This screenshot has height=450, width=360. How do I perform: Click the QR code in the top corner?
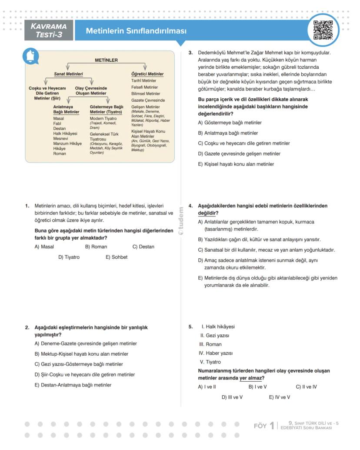tap(323, 30)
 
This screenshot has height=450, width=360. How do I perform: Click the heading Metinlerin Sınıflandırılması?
tap(136, 31)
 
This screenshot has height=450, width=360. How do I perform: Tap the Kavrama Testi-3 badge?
tap(49, 30)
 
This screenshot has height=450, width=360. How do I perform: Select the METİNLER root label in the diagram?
tap(106, 60)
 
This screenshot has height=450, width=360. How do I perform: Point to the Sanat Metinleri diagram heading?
tap(68, 74)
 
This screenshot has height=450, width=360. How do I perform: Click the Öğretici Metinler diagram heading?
tap(147, 74)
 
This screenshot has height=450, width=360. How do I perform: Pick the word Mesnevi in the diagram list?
tap(61, 138)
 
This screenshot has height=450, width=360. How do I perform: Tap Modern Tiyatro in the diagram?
tap(103, 119)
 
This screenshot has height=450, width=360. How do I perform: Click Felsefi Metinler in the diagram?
tap(144, 87)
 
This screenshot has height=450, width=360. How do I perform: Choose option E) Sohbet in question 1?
tap(117, 257)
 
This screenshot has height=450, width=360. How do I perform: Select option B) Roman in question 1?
tap(96, 247)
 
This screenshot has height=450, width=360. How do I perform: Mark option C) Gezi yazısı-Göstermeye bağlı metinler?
tap(79, 364)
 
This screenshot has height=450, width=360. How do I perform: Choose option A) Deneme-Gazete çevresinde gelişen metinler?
tap(86, 344)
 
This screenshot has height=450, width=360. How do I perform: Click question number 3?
tap(190, 53)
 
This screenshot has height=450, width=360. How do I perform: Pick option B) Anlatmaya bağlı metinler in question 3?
tap(228, 133)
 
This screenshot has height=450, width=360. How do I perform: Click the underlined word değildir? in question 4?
tap(208, 213)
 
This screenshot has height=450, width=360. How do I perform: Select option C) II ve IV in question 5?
tap(306, 387)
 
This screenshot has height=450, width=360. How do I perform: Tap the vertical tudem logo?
tap(181, 221)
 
